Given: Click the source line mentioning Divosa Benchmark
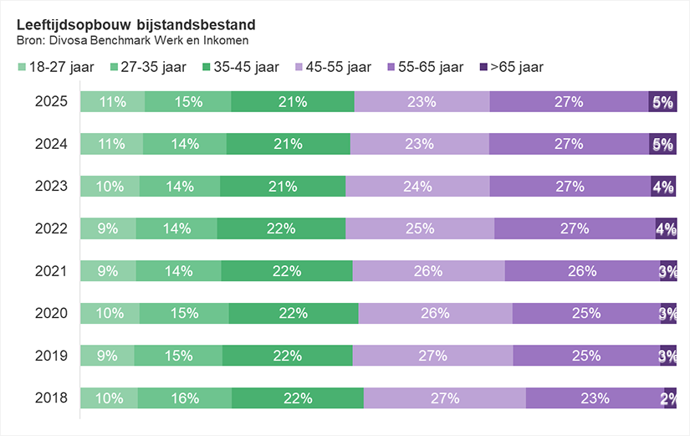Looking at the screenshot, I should pos(133,40).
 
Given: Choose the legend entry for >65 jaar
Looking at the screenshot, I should pos(510,67).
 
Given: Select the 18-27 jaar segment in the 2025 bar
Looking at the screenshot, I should pos(112,102).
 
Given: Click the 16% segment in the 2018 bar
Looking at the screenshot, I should pos(185,398).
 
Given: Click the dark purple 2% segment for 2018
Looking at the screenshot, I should pos(669,398).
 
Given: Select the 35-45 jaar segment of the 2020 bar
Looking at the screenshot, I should pos(293,313).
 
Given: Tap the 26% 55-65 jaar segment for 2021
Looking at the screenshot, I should pos(582,271).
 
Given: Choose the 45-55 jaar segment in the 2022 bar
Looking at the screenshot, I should pos(420,228).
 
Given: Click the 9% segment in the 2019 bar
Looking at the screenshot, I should pos(106,356).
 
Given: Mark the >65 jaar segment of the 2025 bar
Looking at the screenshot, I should pos(662,102).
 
